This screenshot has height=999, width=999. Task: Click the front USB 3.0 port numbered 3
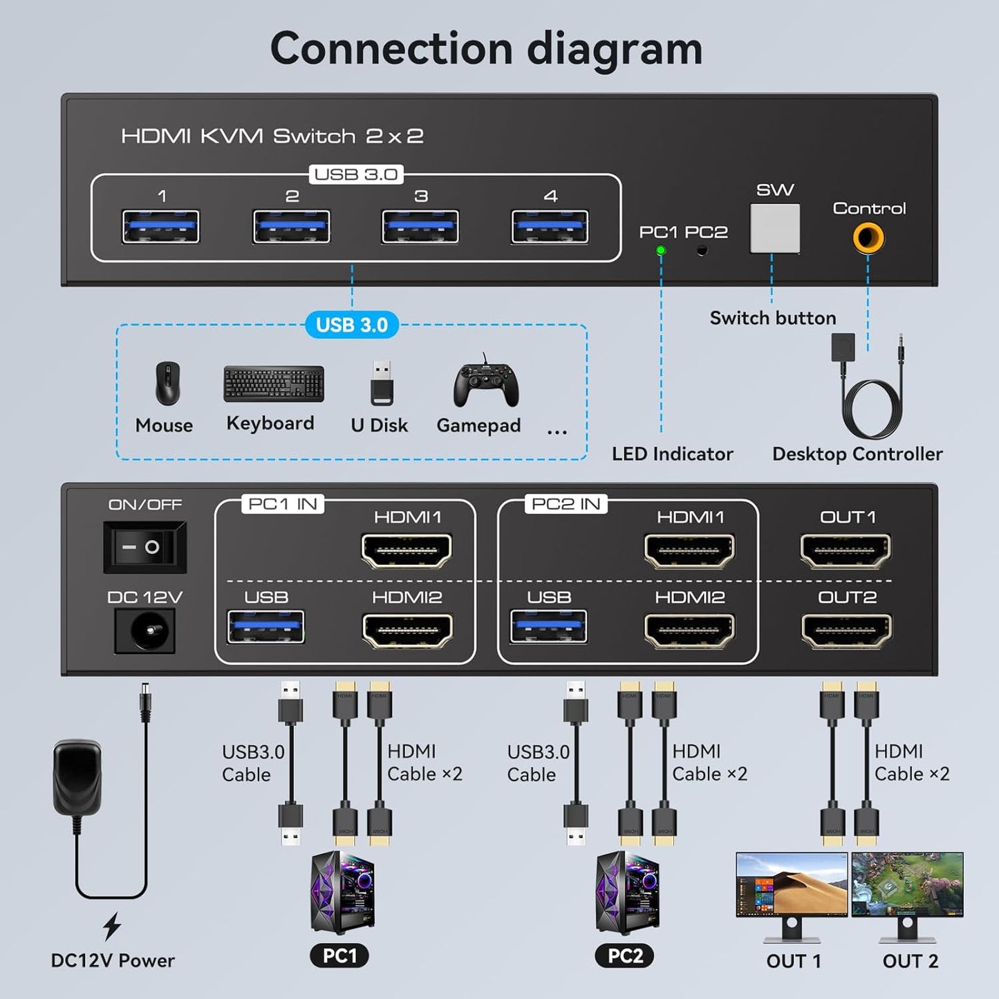click(420, 227)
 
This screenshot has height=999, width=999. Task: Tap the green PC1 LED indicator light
click(660, 250)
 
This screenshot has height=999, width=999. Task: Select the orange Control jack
click(868, 239)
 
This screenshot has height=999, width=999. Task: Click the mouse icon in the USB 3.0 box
click(167, 383)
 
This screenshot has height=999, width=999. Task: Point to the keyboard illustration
click(274, 384)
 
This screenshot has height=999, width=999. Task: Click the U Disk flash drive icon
click(382, 383)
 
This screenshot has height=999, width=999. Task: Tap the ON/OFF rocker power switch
click(144, 547)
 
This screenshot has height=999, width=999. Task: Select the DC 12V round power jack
click(145, 631)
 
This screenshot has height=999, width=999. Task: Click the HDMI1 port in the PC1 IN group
click(407, 550)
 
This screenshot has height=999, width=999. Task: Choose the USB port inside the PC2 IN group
click(548, 627)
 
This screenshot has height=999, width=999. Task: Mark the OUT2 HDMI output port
click(846, 631)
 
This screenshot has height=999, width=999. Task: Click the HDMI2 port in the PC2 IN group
click(689, 631)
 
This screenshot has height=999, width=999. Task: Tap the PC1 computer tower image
click(343, 893)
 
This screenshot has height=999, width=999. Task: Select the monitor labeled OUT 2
click(907, 895)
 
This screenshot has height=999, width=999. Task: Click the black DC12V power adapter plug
click(78, 777)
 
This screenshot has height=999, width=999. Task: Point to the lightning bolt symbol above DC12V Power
click(112, 926)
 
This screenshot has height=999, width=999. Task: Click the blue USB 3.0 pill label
click(352, 325)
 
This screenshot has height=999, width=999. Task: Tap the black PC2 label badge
click(624, 955)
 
